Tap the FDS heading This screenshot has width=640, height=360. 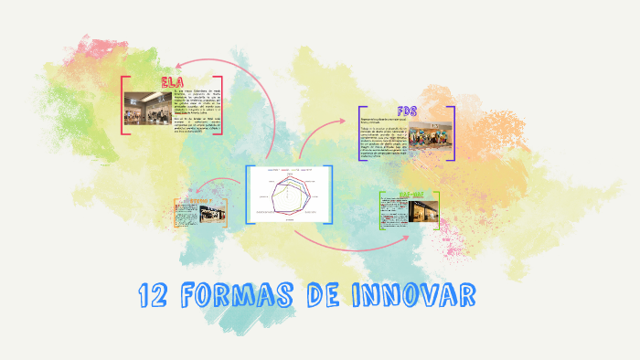408,112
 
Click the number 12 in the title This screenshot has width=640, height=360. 153,296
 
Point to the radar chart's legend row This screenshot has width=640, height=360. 288,171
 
